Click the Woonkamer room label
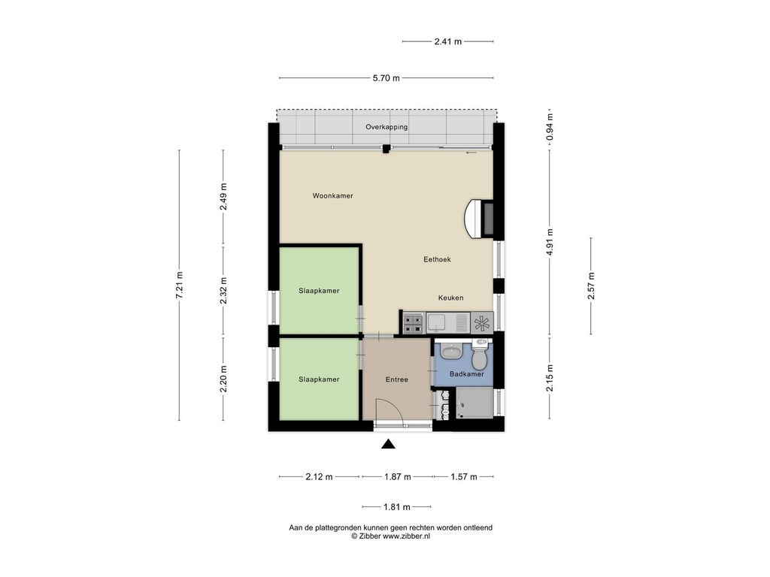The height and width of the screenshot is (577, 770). [x=332, y=196]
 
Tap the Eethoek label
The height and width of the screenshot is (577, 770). [x=437, y=259]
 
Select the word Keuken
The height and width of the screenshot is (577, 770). [x=451, y=298]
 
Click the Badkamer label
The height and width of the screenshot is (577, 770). [x=466, y=374]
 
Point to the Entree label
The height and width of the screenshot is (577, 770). [x=397, y=379]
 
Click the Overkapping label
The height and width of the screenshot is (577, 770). [x=387, y=127]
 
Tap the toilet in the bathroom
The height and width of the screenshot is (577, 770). [x=480, y=354]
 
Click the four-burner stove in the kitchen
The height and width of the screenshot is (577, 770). [x=413, y=323]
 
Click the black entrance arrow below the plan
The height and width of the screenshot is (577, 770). [x=389, y=444]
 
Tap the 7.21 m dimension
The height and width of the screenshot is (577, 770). [x=179, y=285]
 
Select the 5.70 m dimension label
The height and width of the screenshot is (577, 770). [x=386, y=78]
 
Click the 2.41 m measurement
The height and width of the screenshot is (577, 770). [x=448, y=42]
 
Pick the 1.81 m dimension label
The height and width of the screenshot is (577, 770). [x=397, y=507]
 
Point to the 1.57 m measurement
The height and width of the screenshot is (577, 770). [x=464, y=477]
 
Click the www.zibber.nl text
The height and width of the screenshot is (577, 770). [x=406, y=536]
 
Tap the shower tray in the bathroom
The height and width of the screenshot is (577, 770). [x=474, y=403]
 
